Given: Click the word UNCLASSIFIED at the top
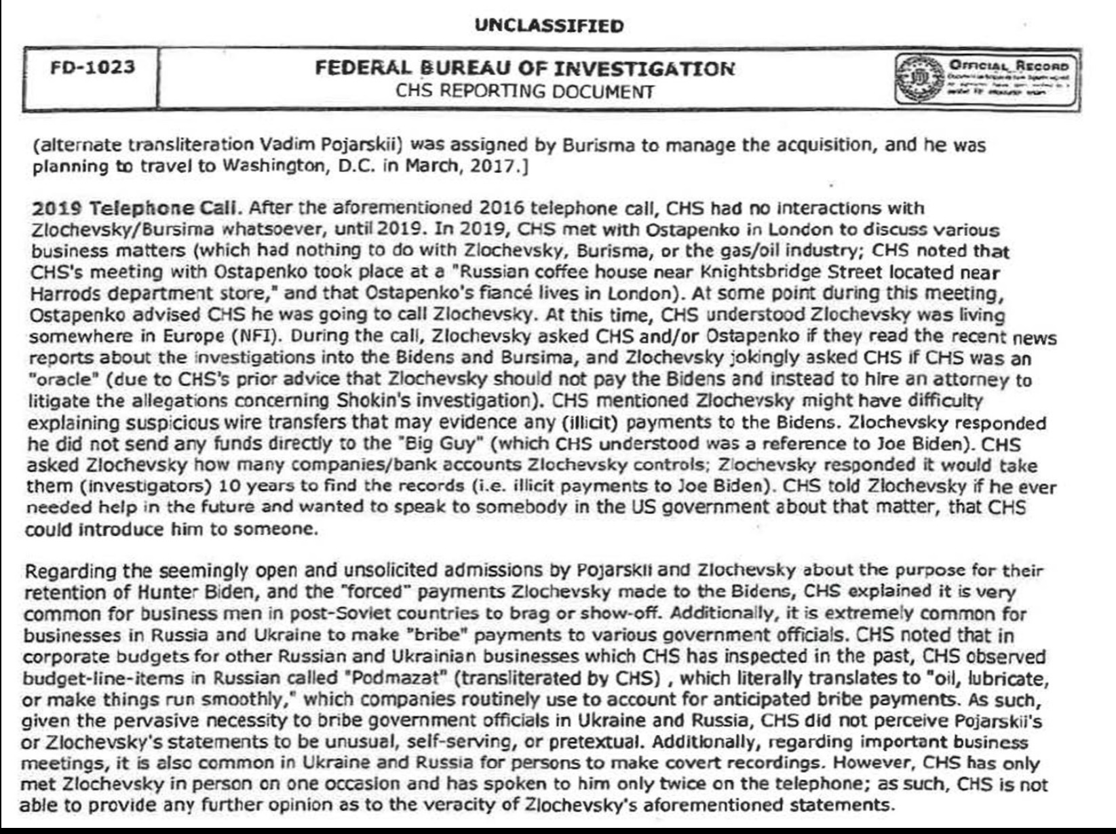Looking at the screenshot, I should [x=549, y=26].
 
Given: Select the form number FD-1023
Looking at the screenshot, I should [x=92, y=67].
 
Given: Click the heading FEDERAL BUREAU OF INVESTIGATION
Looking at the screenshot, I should [x=524, y=68].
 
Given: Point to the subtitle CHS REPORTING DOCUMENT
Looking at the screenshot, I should [x=525, y=91].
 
